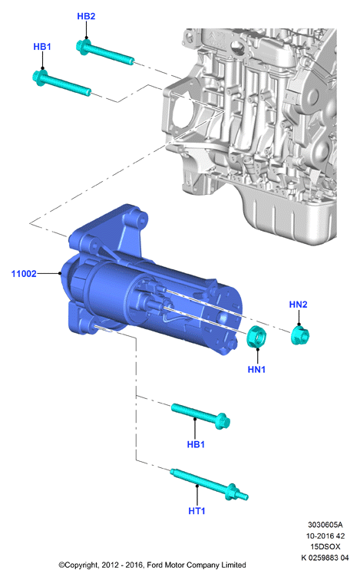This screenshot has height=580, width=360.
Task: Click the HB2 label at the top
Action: pyautogui.click(x=86, y=16)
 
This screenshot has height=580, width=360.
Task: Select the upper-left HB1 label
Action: pyautogui.click(x=42, y=47)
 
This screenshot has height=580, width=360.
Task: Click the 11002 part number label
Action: pyautogui.click(x=24, y=274)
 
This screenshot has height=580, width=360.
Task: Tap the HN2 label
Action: pyautogui.click(x=299, y=305)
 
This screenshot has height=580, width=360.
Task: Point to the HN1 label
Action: pyautogui.click(x=257, y=369)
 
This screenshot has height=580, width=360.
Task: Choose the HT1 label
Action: pyautogui.click(x=197, y=511)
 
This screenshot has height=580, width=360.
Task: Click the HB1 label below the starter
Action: pyautogui.click(x=196, y=444)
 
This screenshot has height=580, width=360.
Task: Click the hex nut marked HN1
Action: pyautogui.click(x=256, y=337)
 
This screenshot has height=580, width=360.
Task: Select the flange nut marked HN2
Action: pyautogui.click(x=300, y=335)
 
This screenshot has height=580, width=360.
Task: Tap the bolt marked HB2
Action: pyautogui.click(x=105, y=52)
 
